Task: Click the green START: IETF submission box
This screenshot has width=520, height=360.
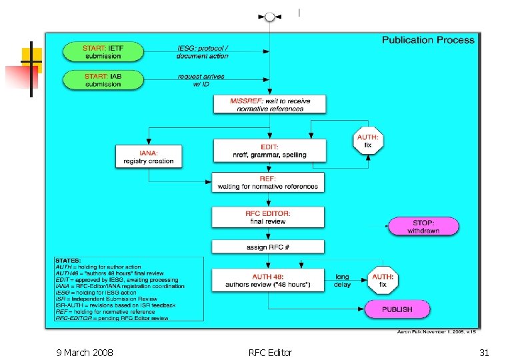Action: (x=103, y=52)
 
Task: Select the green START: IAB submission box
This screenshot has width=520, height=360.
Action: (x=103, y=80)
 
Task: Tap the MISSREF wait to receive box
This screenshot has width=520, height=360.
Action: (x=269, y=104)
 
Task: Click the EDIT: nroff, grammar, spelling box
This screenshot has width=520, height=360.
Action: (x=269, y=151)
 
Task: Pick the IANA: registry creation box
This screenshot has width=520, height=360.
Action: (x=148, y=157)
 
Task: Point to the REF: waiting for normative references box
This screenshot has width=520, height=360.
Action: (x=268, y=183)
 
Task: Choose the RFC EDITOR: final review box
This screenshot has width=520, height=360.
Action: (x=268, y=217)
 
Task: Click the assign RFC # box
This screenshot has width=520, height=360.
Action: (x=268, y=247)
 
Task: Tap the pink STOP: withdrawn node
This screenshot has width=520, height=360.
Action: (x=423, y=226)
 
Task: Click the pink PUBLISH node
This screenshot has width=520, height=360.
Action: (x=397, y=309)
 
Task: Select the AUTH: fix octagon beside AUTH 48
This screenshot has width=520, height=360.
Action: (x=383, y=280)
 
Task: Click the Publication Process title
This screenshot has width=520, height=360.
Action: (x=428, y=40)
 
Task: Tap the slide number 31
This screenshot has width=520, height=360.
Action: (x=484, y=352)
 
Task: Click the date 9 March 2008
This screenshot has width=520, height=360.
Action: (x=85, y=352)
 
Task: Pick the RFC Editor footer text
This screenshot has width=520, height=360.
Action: (x=269, y=352)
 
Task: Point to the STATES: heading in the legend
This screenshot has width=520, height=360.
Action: (x=69, y=261)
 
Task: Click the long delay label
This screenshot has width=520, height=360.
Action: (x=342, y=281)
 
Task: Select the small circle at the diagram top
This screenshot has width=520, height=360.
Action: (x=269, y=17)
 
